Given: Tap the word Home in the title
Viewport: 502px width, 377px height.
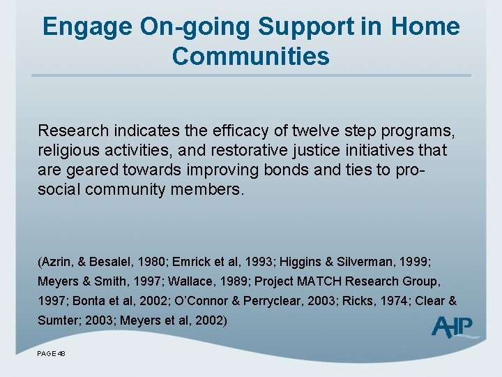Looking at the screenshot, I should click(425, 27).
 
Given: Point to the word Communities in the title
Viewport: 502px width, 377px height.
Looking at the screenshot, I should click(251, 56).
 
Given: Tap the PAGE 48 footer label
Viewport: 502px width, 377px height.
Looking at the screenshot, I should click(52, 354).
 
